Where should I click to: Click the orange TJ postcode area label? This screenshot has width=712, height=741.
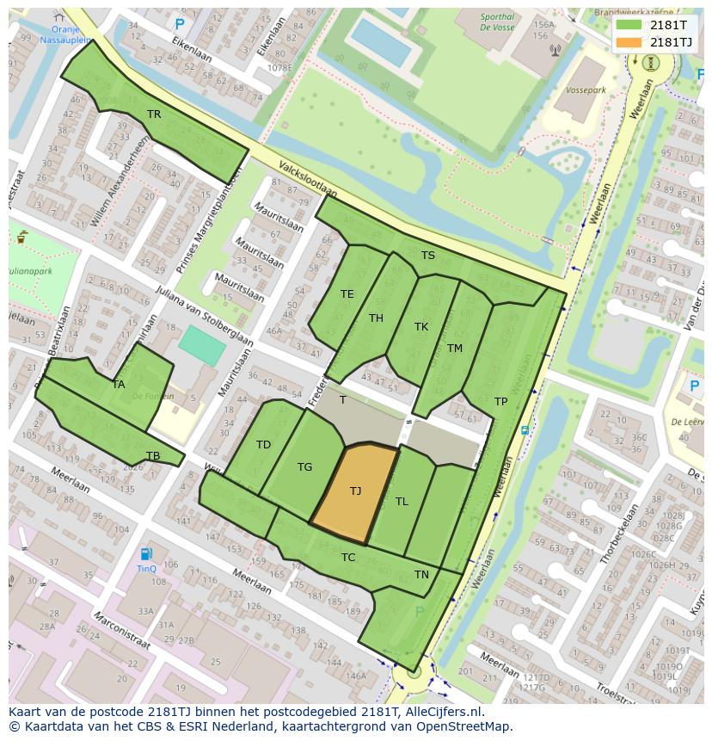(x=355, y=491)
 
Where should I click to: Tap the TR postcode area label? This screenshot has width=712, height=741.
(x=154, y=114)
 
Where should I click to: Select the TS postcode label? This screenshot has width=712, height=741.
(x=427, y=256)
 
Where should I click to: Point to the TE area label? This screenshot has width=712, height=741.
(x=347, y=294)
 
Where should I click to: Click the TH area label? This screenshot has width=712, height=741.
(x=376, y=318)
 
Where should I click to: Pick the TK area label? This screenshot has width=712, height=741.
(x=421, y=327)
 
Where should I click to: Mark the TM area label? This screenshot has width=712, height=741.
(x=455, y=349)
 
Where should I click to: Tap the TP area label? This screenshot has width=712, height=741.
(x=500, y=402)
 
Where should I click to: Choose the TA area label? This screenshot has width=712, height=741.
(x=119, y=385)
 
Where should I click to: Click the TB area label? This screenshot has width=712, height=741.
(x=153, y=456)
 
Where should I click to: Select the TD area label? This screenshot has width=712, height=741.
(x=263, y=445)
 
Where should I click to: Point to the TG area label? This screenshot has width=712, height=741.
(x=304, y=467)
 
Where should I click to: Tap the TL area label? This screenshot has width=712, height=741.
(x=402, y=502)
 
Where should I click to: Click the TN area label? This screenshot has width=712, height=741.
(x=421, y=575)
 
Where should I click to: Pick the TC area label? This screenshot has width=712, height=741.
(x=347, y=558)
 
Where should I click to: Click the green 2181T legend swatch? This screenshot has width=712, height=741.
(x=629, y=24)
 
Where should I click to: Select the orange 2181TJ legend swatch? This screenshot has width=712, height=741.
(x=629, y=42)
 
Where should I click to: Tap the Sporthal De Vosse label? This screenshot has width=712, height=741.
(x=498, y=22)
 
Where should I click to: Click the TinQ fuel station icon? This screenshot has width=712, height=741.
(x=147, y=554)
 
